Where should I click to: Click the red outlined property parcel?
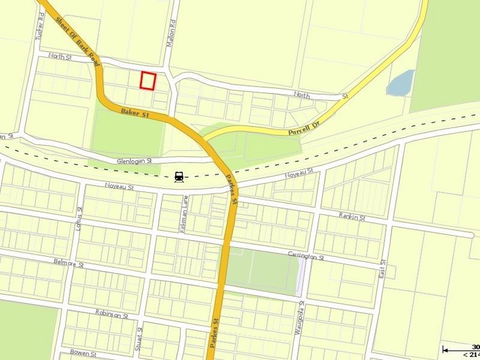click(x=148, y=80)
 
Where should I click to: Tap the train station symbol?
click(x=179, y=177)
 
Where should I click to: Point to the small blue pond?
click(x=401, y=83)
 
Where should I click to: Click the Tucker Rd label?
click(x=41, y=28)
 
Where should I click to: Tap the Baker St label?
click(x=134, y=112)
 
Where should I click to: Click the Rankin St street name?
click(x=352, y=217)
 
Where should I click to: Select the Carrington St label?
click(x=305, y=256)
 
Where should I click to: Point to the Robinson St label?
click(x=112, y=314)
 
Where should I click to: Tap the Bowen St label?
click(x=84, y=352)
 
